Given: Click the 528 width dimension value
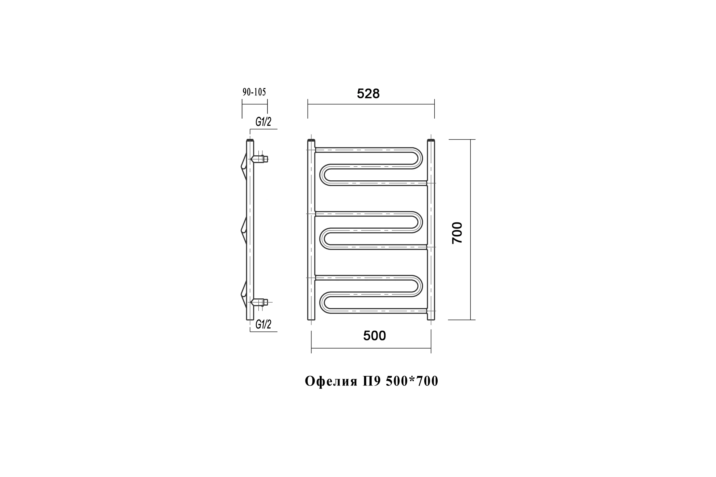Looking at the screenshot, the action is point(368,94).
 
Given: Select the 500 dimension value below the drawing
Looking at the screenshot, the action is point(374,336).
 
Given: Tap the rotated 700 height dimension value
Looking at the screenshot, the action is point(457,233).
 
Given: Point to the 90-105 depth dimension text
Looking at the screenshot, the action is point(254,92).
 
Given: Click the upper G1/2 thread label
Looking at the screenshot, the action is point(263,122).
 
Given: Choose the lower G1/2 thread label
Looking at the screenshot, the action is point(263,325).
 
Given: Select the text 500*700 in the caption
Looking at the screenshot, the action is point(412,381).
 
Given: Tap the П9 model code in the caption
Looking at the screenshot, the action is point(372,381).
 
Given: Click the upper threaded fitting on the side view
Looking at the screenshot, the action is point(259,159).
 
